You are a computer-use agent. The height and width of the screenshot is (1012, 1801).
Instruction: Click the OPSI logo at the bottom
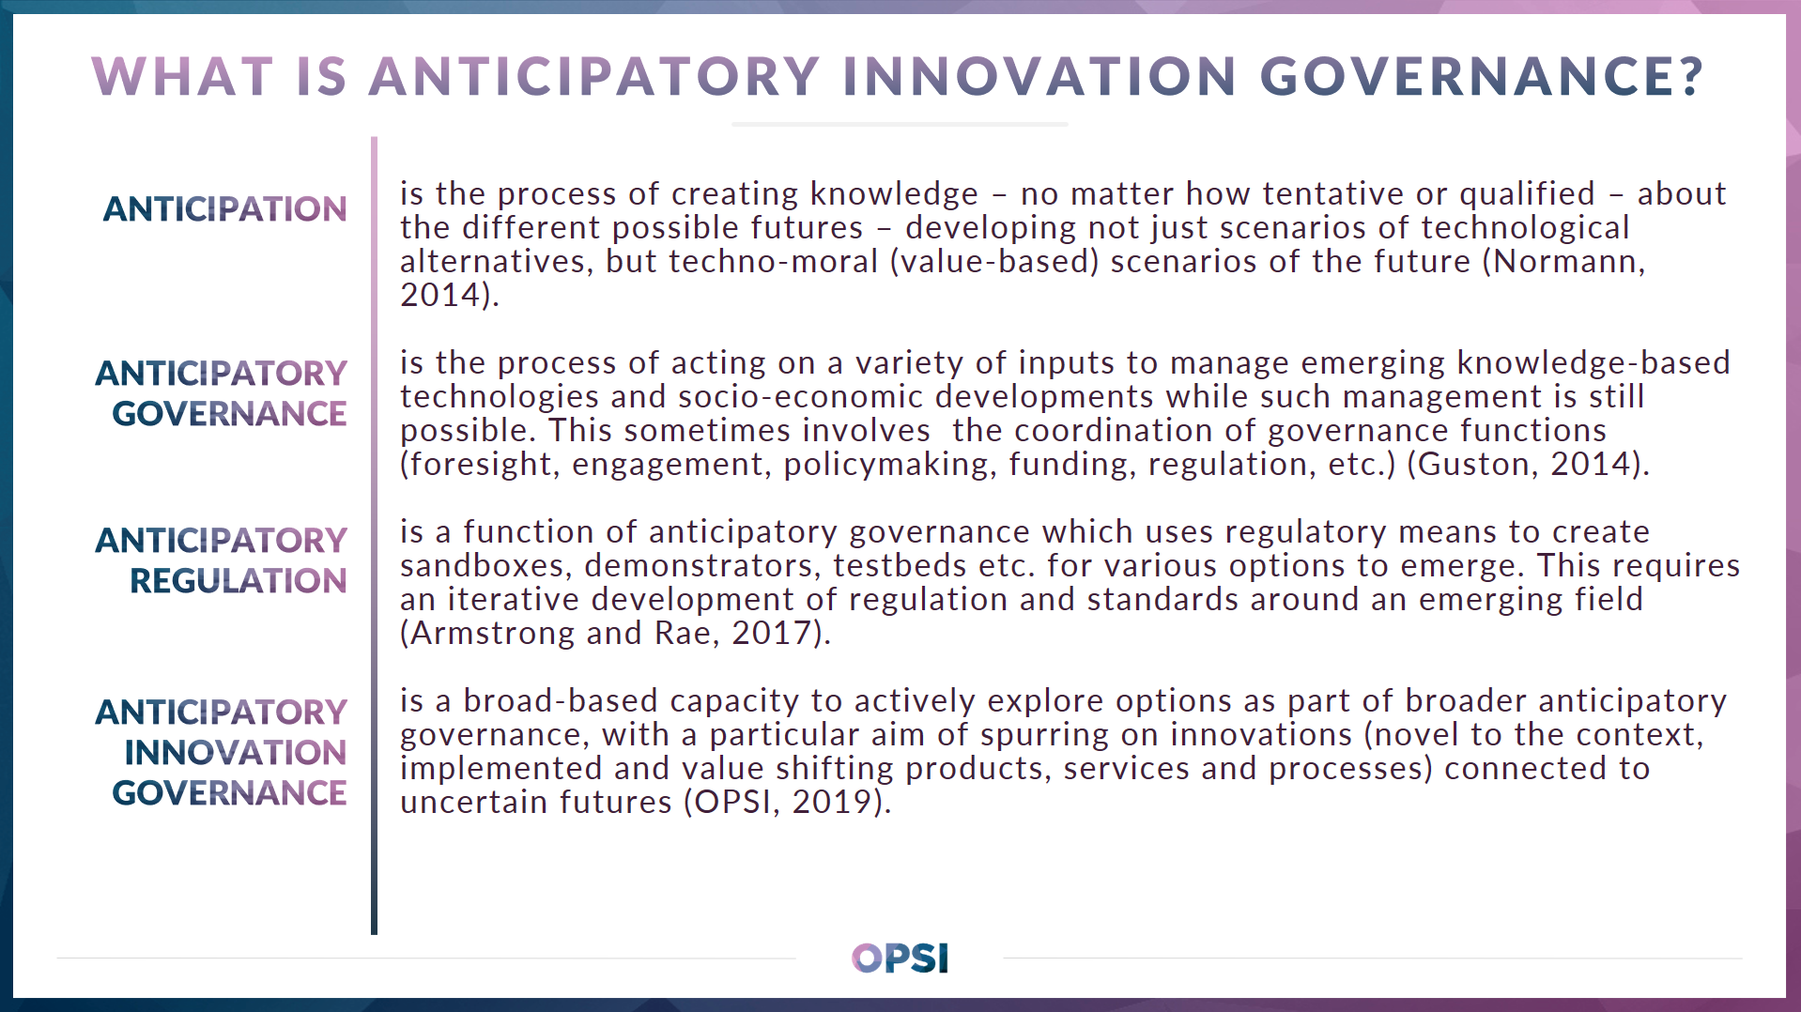click(900, 958)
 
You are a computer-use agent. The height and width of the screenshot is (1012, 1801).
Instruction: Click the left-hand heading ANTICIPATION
click(224, 208)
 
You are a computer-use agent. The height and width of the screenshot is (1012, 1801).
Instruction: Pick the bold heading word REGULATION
click(238, 581)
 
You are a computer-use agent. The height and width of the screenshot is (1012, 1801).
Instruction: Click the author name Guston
click(1472, 464)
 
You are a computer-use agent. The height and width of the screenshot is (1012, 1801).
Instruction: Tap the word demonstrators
click(702, 565)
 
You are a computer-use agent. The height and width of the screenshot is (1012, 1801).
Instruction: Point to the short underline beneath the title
click(900, 124)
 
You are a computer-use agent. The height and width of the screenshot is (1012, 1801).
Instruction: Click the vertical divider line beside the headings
click(374, 535)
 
